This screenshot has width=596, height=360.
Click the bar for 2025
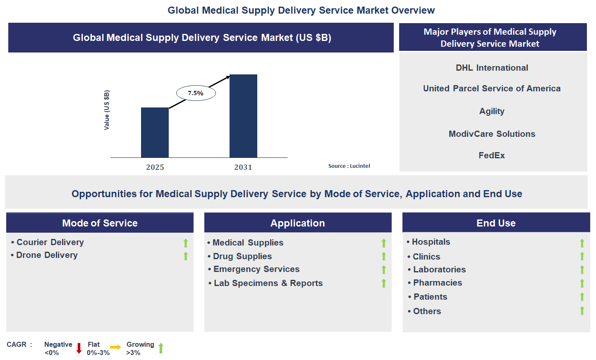[x=155, y=132]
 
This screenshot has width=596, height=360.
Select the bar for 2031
[x=243, y=116]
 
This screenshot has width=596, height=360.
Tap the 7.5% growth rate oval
[x=196, y=93]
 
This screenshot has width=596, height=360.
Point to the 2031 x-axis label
[x=243, y=167]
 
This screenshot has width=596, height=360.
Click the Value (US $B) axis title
[x=107, y=110]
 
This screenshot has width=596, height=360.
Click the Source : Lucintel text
[x=349, y=166]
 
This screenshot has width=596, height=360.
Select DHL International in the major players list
[x=492, y=68]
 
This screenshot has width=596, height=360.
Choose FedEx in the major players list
[x=491, y=155]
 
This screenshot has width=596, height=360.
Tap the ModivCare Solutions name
[x=492, y=134]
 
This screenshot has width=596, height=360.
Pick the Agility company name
[x=492, y=111]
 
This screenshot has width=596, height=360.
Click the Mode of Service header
[x=100, y=223]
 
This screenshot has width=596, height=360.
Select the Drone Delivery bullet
[x=47, y=255]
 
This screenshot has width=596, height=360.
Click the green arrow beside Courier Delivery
[x=186, y=243]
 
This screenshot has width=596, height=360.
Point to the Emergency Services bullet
[x=256, y=269]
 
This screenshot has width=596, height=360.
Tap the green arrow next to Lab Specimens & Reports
[x=384, y=283]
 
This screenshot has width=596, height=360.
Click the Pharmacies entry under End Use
[x=437, y=283]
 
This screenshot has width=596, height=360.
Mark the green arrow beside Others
[x=582, y=310]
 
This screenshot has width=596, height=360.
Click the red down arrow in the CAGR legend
[x=79, y=348]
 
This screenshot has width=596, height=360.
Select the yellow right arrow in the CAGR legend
[x=115, y=347]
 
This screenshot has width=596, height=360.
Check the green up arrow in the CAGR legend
[x=161, y=348]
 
